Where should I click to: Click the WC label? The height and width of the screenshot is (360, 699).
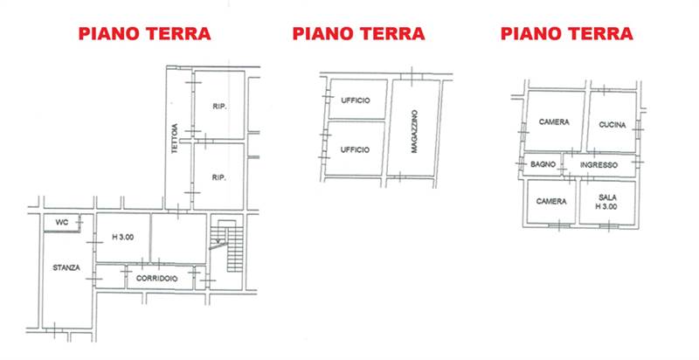tap(60, 222)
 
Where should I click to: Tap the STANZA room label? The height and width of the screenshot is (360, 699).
tap(66, 268)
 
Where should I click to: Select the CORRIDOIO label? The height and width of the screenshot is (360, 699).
tap(157, 279)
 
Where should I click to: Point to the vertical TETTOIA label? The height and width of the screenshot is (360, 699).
tap(176, 137)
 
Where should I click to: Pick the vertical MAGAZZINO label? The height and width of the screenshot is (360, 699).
tap(413, 132)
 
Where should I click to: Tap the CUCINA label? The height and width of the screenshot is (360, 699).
tap(612, 124)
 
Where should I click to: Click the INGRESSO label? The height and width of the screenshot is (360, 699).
tap(599, 164)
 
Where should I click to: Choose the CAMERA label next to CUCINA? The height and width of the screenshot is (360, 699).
tap(554, 122)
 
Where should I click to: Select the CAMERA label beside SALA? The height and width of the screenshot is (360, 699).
tap(552, 201)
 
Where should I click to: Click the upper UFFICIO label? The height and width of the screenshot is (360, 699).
tap(356, 100)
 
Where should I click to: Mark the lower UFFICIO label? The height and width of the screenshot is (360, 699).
tap(356, 149)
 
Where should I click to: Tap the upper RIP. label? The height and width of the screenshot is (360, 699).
tap(219, 107)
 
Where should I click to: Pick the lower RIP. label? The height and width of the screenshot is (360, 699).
tap(219, 178)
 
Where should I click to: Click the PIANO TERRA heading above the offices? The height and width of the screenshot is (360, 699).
tap(358, 34)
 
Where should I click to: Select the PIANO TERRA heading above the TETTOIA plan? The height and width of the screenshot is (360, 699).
tap(144, 34)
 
